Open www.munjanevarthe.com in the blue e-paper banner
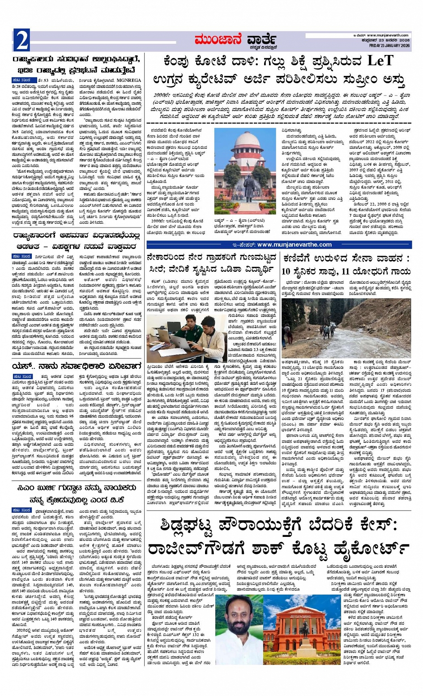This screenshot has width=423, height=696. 295,245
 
